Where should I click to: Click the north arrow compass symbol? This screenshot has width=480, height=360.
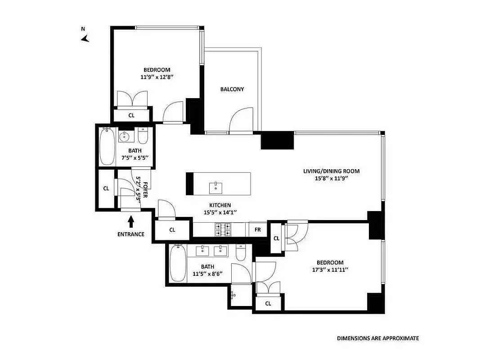point(85,39)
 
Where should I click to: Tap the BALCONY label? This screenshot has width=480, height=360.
point(232,89)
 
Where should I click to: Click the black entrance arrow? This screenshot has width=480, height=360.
point(131,222)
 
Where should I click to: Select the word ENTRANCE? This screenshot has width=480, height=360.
point(131,234)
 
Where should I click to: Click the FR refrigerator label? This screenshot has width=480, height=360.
point(258,229)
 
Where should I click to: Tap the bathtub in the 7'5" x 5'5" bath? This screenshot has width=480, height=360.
point(107,147)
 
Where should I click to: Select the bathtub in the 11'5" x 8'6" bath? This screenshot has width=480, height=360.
point(178,264)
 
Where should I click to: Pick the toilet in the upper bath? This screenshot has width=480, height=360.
point(143,136)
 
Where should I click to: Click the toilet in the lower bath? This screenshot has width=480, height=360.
point(241,254)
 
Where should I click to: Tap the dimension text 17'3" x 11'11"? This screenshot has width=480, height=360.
point(330,270)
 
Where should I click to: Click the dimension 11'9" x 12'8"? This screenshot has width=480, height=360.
point(157,77)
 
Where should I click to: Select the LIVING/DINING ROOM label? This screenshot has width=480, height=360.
point(331,171)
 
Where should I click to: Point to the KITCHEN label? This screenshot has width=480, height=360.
point(220,205)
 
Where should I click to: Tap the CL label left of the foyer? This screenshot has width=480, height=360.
point(106,189)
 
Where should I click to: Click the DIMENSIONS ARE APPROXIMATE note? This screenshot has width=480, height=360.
point(378,338)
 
